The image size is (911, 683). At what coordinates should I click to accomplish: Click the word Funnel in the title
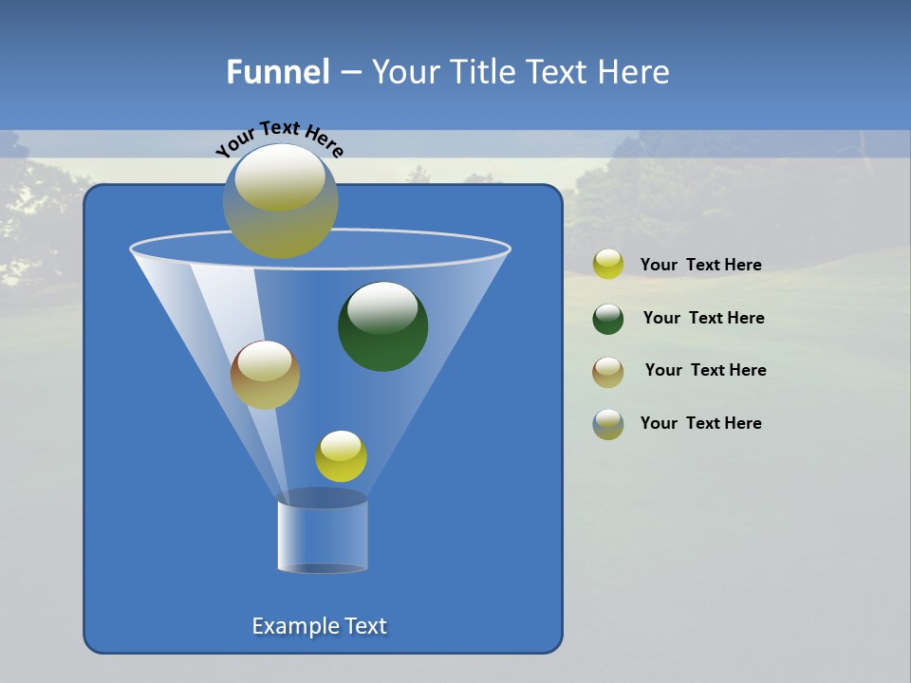[x=277, y=72]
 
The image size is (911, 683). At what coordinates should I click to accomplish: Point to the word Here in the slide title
[x=633, y=72]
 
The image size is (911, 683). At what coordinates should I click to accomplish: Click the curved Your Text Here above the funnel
[x=280, y=138]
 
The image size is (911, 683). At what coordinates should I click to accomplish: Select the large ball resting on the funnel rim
[x=281, y=201]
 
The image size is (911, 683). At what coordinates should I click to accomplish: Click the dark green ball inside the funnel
[x=383, y=326]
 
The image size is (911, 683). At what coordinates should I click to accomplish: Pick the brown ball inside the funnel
[x=266, y=375]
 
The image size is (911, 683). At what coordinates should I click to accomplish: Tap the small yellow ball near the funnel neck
[x=341, y=456]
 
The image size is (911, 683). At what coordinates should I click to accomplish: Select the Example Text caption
[x=320, y=626]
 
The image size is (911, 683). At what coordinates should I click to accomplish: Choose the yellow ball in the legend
[x=608, y=265]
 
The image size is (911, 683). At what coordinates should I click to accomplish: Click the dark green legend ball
[x=608, y=319]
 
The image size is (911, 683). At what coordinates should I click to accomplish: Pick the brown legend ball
[x=608, y=372]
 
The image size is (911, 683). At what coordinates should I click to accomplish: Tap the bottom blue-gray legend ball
[x=608, y=424]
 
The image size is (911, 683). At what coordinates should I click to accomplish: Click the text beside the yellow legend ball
[x=701, y=266]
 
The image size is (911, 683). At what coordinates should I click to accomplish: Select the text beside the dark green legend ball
[x=703, y=318]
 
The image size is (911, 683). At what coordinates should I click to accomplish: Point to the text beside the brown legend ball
[x=705, y=370]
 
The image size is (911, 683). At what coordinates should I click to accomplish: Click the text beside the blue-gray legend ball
[x=701, y=423]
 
